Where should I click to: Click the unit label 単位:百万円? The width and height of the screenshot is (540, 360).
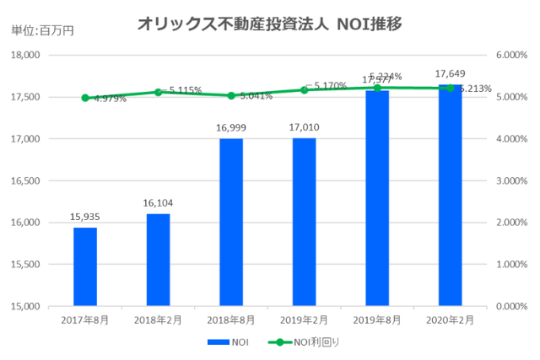42,30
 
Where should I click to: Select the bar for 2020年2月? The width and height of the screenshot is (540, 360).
450,198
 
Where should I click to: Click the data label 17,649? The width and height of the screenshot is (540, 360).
450,74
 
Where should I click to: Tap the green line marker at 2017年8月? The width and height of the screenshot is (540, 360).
85,98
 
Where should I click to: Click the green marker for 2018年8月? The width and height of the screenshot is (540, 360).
231,95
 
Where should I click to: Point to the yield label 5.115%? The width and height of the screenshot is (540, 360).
185,89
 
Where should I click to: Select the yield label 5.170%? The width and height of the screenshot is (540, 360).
330,85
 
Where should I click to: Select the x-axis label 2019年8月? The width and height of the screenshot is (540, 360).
376,320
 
